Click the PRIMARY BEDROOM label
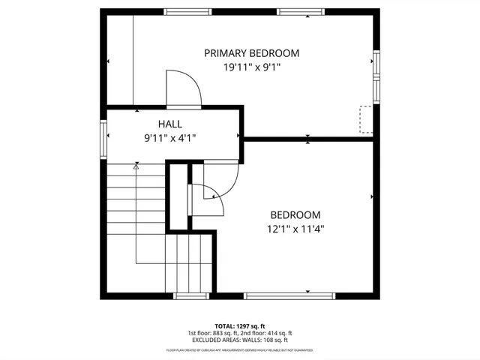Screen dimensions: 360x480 coord(251,53)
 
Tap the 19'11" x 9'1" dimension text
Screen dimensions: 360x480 coord(251,67)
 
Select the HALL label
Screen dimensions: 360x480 coord(169,124)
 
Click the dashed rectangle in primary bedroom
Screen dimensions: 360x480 coord(366,119)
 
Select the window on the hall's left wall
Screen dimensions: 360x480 coord(103,136)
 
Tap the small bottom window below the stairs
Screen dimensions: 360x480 coord(190,295)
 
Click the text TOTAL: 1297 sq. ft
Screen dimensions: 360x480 coord(240,326)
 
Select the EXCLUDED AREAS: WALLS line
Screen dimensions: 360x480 coord(240,340)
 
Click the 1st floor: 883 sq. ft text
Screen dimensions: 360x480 coord(212,333)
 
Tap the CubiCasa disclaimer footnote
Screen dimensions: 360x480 coord(240,350)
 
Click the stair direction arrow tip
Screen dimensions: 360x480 coord(136,168)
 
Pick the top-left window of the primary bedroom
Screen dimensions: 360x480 coord(187,12)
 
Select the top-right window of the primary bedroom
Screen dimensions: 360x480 coord(301,12)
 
